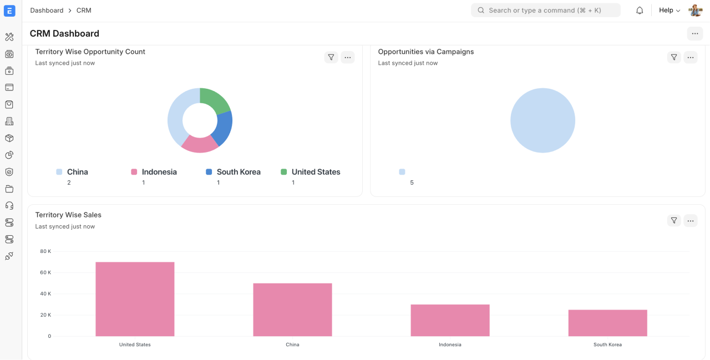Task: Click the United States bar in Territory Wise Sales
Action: point(135,299)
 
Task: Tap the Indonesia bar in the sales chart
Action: point(450,320)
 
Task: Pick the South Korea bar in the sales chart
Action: point(607,323)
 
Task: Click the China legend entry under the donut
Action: point(77,172)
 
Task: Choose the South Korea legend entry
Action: point(238,172)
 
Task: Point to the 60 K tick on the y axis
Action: point(45,272)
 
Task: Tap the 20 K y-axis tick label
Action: point(45,315)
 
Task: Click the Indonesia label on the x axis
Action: point(450,344)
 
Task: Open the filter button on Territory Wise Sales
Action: point(674,221)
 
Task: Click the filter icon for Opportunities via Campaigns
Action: point(674,57)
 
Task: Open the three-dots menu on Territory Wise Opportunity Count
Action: point(348,57)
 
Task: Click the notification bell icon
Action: point(640,11)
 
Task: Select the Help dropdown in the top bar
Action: point(669,11)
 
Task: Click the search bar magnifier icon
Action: point(481,11)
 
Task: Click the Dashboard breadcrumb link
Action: point(47,11)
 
